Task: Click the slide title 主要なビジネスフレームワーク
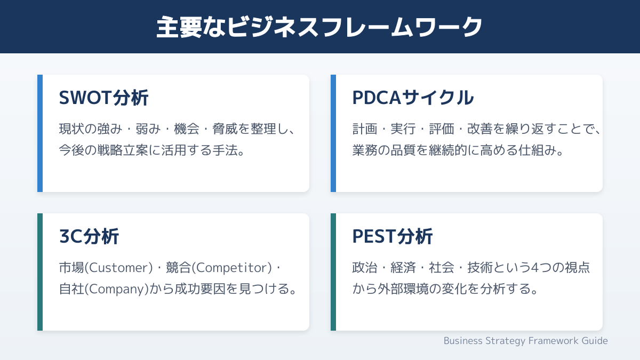pyautogui.click(x=319, y=27)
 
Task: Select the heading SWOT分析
pyautogui.click(x=103, y=98)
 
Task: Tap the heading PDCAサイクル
pyautogui.click(x=413, y=98)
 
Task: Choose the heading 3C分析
pyautogui.click(x=89, y=236)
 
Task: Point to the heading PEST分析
pyautogui.click(x=393, y=236)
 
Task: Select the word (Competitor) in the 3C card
pyautogui.click(x=231, y=268)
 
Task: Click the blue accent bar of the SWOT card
pyautogui.click(x=40, y=133)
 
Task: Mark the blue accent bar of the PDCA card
pyautogui.click(x=333, y=133)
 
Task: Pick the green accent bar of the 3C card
pyautogui.click(x=40, y=272)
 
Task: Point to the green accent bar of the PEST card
pyautogui.click(x=333, y=272)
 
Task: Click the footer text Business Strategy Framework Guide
pyautogui.click(x=525, y=341)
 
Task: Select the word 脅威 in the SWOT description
pyautogui.click(x=225, y=129)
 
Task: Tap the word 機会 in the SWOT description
pyautogui.click(x=187, y=129)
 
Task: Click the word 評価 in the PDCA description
pyautogui.click(x=442, y=129)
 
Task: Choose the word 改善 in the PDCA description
pyautogui.click(x=480, y=129)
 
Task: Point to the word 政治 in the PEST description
pyautogui.click(x=365, y=268)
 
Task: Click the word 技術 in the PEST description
pyautogui.click(x=480, y=268)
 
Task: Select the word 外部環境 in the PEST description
pyautogui.click(x=403, y=289)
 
